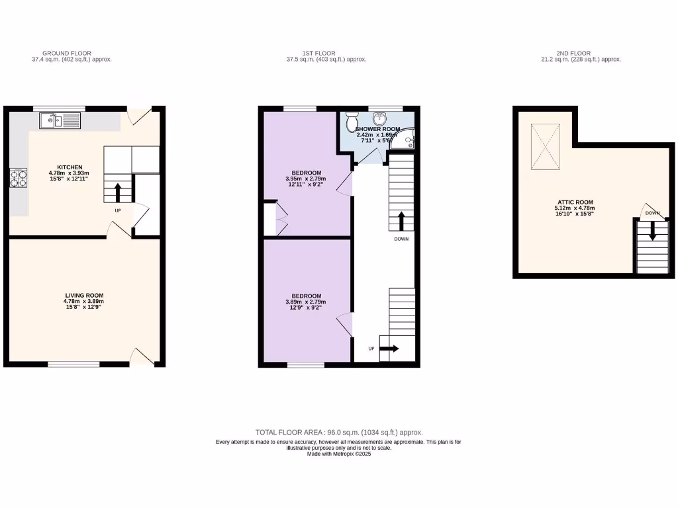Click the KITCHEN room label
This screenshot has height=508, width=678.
click(x=70, y=167)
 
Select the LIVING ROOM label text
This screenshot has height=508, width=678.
click(x=84, y=296)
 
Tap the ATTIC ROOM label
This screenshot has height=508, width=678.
click(x=574, y=202)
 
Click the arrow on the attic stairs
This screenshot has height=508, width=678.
click(x=652, y=232)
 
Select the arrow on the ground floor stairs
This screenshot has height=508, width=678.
click(x=118, y=192)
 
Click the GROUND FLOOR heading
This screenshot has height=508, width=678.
click(x=66, y=53)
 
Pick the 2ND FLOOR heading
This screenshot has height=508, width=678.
click(x=574, y=53)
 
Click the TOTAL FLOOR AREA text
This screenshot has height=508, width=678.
click(x=339, y=432)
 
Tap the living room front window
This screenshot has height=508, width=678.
click(x=73, y=363)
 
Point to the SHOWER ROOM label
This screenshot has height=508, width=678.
click(x=377, y=129)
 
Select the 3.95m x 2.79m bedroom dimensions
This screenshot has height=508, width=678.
click(x=307, y=179)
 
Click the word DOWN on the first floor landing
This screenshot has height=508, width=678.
click(x=401, y=239)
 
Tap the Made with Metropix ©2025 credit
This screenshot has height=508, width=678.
click(x=339, y=454)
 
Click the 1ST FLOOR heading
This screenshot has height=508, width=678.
click(x=319, y=53)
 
